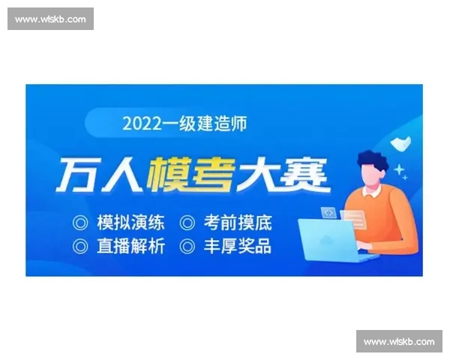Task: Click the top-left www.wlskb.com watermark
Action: click(x=50, y=19)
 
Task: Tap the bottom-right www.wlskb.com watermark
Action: click(x=399, y=342)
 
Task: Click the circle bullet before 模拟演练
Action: click(x=79, y=223)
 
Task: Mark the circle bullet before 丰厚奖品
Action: click(x=187, y=246)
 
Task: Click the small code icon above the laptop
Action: click(x=328, y=213)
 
